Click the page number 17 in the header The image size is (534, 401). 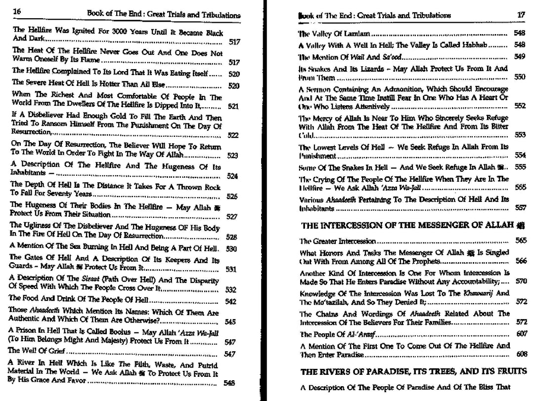521,15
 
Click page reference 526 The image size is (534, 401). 232,197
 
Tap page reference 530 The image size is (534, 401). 231,249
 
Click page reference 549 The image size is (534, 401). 519,57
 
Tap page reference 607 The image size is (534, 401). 519,334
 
